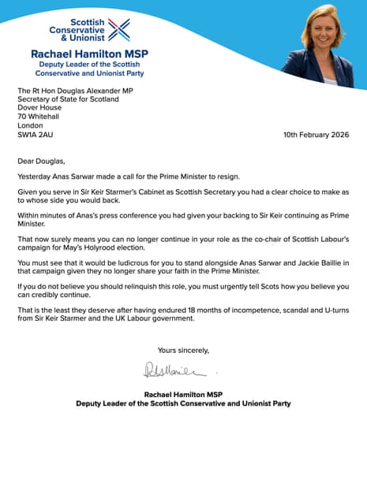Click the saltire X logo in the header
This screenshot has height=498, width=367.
click(x=119, y=29)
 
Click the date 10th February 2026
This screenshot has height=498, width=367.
click(x=316, y=135)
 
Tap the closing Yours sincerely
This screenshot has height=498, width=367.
click(x=183, y=349)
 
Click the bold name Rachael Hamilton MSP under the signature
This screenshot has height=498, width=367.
click(x=182, y=394)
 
